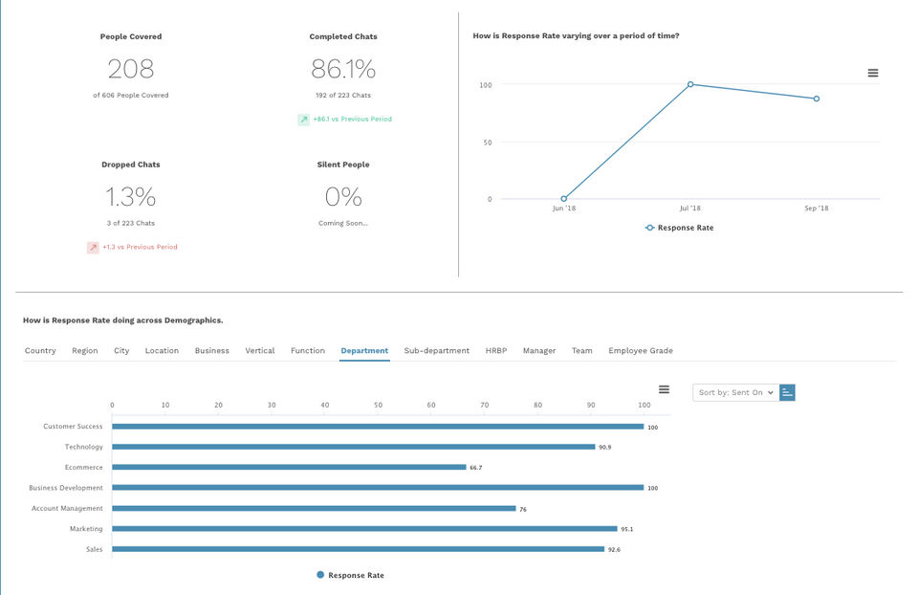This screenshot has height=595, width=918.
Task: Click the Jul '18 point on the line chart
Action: (x=690, y=84)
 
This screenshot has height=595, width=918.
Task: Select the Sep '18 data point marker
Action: (x=816, y=99)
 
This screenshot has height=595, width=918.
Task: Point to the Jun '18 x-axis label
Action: (x=563, y=209)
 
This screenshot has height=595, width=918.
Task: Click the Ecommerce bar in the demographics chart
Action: (x=289, y=468)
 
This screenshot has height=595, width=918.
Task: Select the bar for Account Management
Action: (x=314, y=509)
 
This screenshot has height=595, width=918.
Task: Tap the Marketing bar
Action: (x=364, y=529)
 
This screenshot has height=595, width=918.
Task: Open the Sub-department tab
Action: (x=436, y=351)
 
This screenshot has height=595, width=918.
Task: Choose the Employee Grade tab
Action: (x=640, y=351)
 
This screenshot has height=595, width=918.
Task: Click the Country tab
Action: (x=40, y=351)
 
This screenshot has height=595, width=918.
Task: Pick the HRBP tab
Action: (x=495, y=351)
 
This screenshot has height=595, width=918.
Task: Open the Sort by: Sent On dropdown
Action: (x=734, y=392)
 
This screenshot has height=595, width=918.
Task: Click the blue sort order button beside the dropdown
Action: (x=788, y=392)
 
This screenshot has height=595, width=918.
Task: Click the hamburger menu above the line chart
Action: (x=872, y=73)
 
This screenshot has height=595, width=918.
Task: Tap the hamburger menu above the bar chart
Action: (x=664, y=389)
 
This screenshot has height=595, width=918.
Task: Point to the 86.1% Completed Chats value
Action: (x=343, y=69)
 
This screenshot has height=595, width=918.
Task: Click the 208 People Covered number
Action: (x=131, y=69)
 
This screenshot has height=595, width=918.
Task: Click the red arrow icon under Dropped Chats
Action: (x=93, y=247)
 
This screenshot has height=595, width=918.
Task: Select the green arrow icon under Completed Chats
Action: (x=303, y=120)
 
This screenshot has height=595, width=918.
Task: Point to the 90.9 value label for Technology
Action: (x=604, y=448)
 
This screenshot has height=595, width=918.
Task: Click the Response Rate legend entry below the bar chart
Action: (x=350, y=576)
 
